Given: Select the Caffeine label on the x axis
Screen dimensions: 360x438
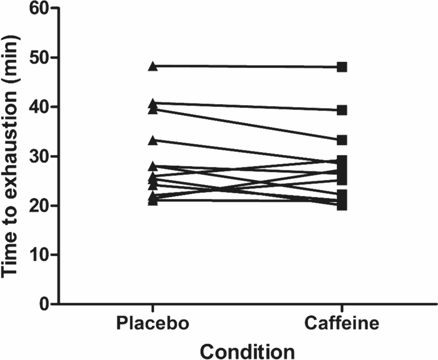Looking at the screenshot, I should click(342, 324).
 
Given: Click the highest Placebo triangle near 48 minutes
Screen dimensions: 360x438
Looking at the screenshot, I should click(153, 67).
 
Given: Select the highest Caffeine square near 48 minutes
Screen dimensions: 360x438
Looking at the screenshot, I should click(342, 67).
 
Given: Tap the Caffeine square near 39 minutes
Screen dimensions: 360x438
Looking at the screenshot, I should click(342, 110).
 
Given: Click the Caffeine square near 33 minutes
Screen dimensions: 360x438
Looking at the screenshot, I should click(342, 140).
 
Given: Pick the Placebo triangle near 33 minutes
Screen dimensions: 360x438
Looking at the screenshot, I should click(153, 141).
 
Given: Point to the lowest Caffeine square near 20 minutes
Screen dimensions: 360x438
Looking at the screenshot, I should click(342, 205).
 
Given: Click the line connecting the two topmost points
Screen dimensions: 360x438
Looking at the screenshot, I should click(247, 67).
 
